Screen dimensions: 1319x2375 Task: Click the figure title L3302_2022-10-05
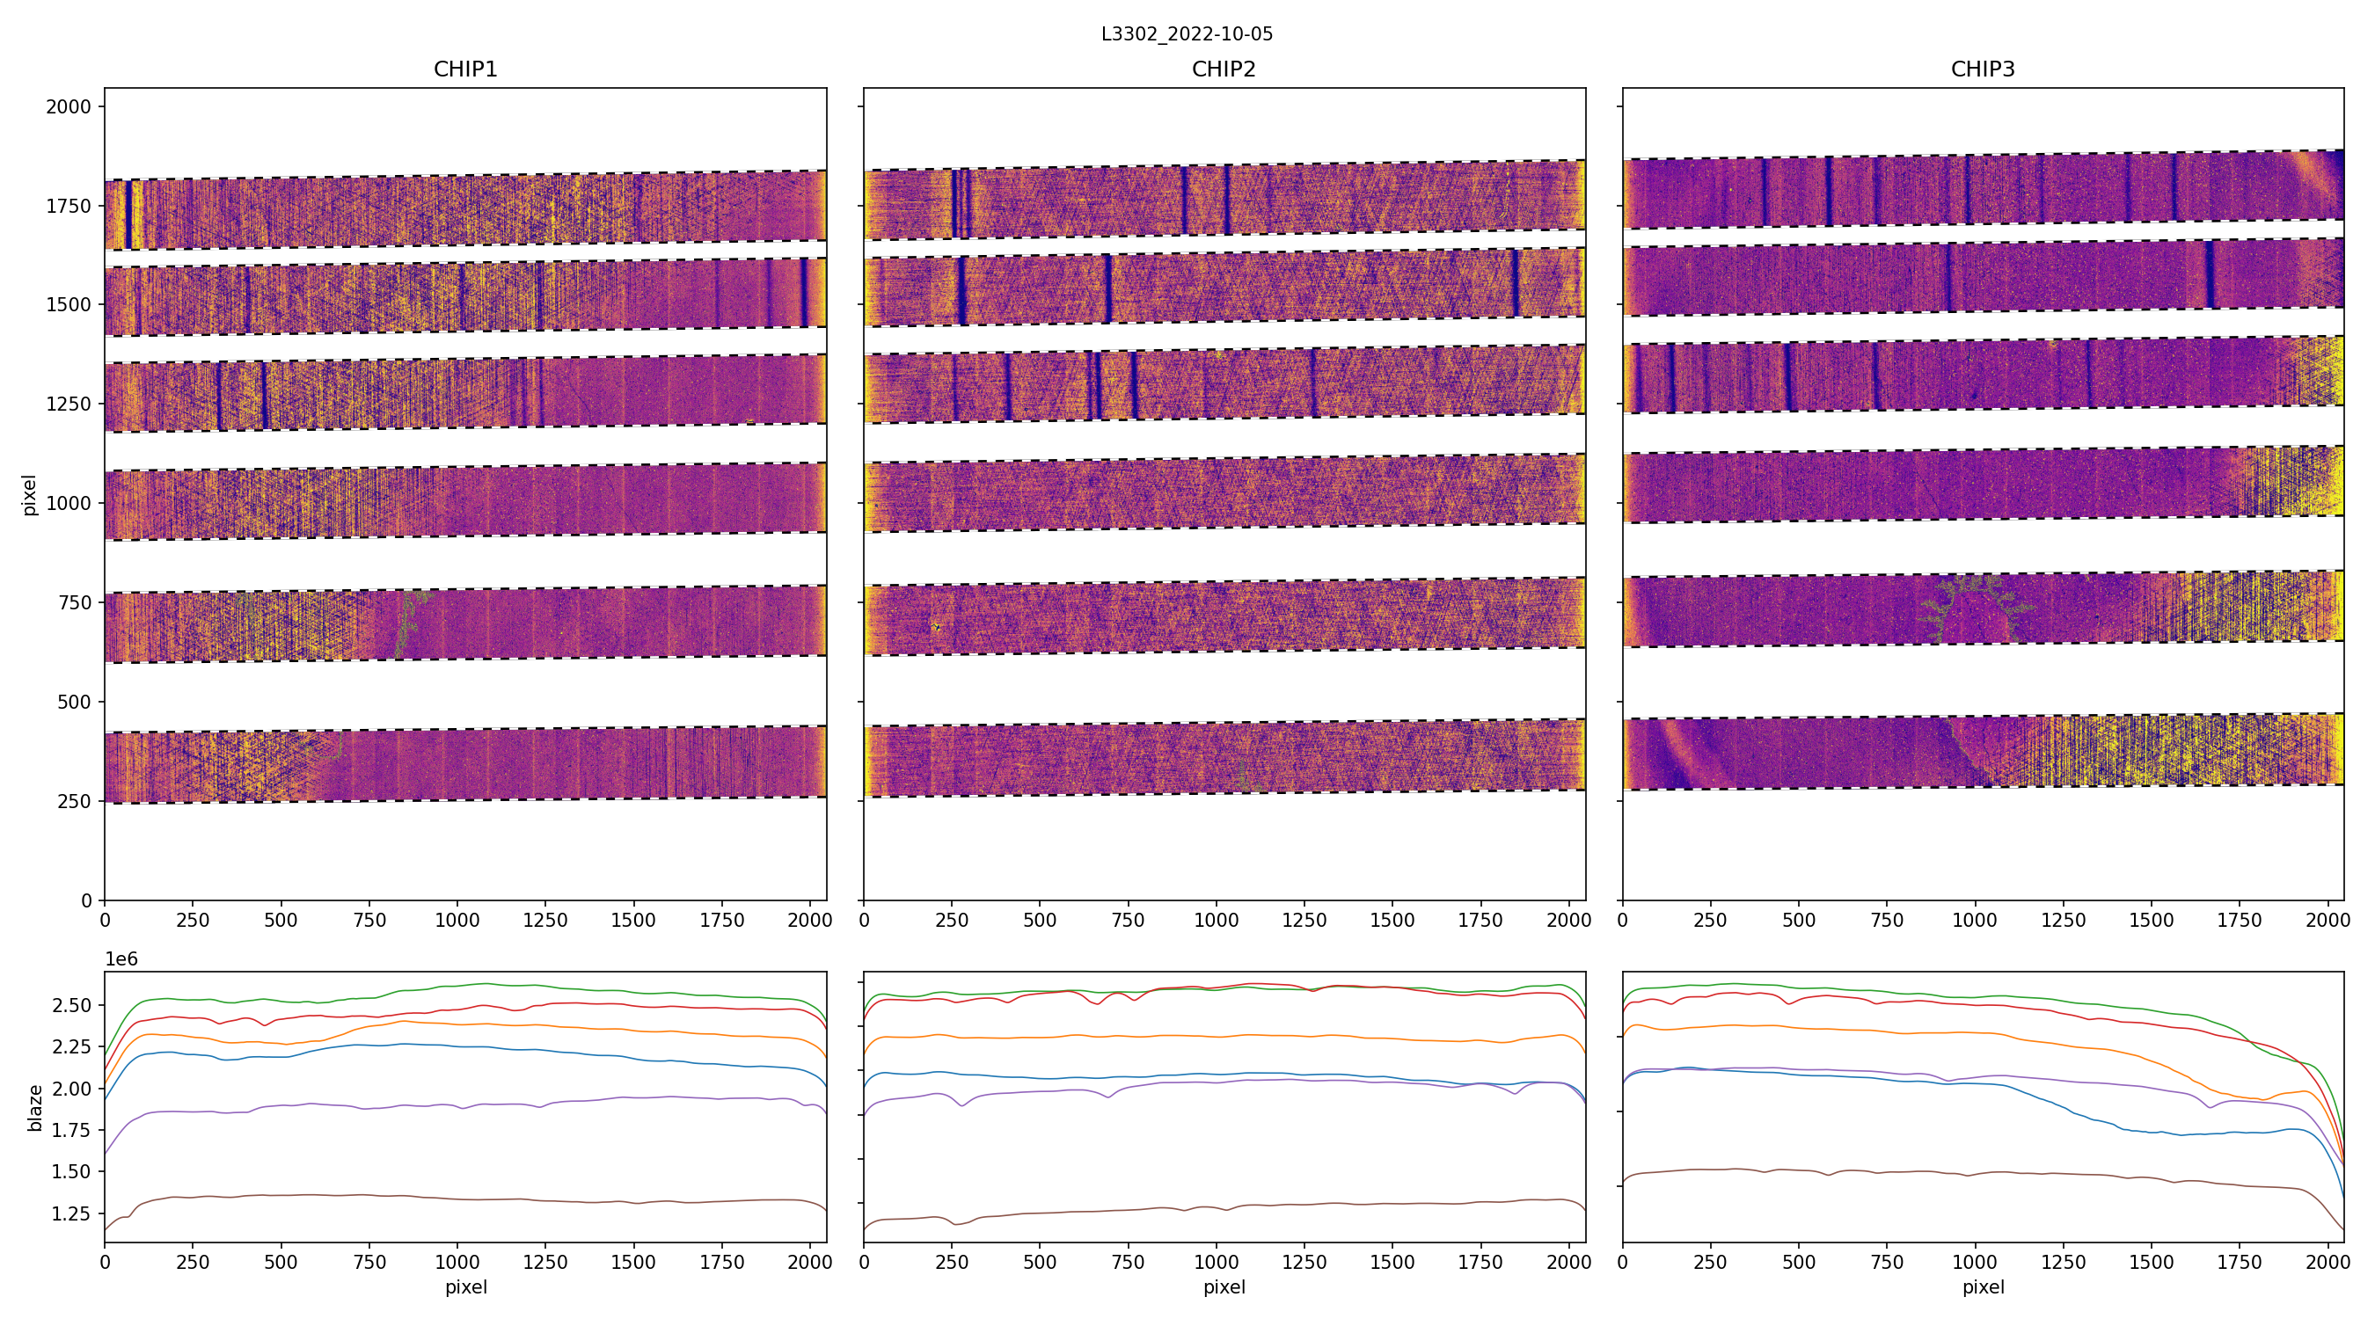(1187, 34)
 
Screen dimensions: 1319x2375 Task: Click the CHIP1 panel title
(465, 69)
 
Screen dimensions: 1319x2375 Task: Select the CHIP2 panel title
(1224, 69)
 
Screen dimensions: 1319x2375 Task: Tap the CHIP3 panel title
(1982, 69)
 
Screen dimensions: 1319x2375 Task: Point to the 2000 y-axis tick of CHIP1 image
(69, 107)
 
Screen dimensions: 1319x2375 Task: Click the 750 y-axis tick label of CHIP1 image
(75, 603)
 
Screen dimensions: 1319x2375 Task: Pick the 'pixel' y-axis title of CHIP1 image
(30, 495)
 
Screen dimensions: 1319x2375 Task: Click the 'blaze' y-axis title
(35, 1108)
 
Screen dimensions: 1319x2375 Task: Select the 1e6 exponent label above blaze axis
(121, 959)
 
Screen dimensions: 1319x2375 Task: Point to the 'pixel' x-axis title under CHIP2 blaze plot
(1224, 1286)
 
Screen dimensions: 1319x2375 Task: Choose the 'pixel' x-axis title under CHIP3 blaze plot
(1982, 1286)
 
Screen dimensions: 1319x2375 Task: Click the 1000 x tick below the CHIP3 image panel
(1975, 920)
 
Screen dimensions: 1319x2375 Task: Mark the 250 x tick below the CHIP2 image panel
(952, 920)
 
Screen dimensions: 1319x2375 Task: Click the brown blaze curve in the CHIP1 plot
(461, 1196)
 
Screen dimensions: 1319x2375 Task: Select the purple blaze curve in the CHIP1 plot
(461, 1105)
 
